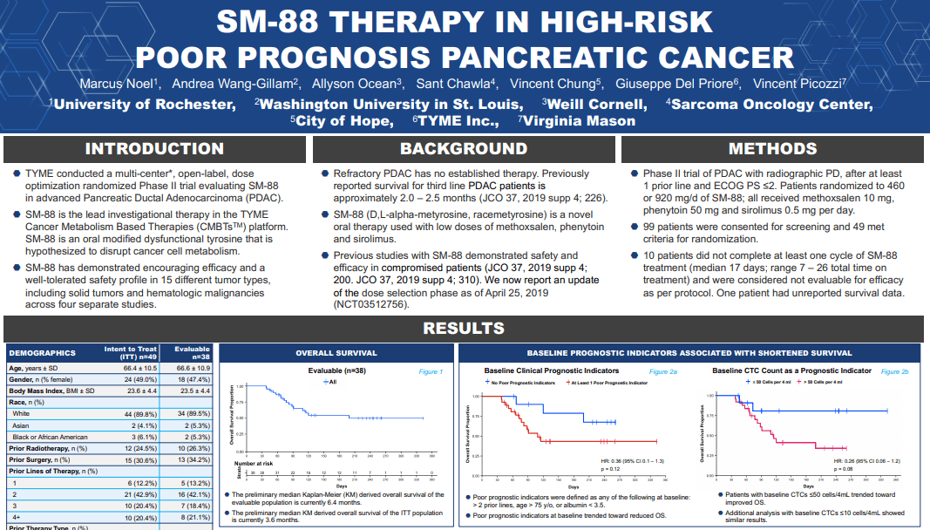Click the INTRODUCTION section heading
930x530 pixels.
coord(154,149)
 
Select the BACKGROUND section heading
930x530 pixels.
coord(464,149)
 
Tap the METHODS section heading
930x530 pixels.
coord(773,149)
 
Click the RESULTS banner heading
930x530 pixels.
coord(464,329)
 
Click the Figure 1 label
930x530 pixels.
coord(431,371)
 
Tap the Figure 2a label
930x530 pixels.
coord(662,371)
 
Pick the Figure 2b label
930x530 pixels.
coord(894,371)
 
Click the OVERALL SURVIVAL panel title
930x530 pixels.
coord(336,353)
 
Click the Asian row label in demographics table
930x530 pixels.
coord(21,425)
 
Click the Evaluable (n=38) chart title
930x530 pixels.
coord(337,371)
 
